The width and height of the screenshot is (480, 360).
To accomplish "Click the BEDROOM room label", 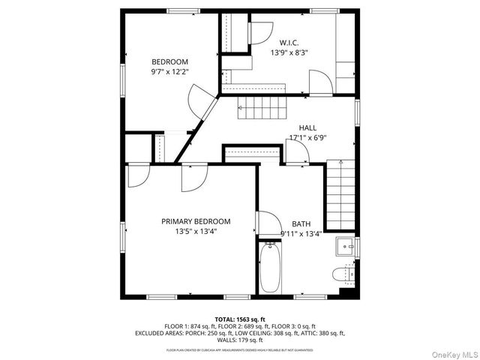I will click(x=169, y=61).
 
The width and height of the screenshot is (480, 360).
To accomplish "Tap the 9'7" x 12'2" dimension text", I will click(x=169, y=72).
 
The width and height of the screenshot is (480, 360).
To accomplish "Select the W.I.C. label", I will click(x=289, y=43).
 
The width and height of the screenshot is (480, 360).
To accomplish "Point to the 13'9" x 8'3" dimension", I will click(x=289, y=53).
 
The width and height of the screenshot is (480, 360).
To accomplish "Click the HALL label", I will click(x=308, y=127).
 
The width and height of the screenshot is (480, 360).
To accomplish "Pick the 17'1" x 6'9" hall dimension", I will click(x=308, y=138).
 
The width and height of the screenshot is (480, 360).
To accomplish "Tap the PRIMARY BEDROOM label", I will click(x=196, y=221).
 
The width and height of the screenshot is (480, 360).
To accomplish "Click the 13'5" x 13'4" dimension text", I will click(x=196, y=232).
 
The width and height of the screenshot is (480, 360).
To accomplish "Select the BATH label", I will click(x=301, y=223).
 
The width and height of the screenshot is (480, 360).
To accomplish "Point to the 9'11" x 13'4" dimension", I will click(x=301, y=234).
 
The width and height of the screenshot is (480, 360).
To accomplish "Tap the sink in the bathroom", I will click(x=346, y=246).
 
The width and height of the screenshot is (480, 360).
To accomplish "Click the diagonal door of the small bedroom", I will click(x=200, y=100).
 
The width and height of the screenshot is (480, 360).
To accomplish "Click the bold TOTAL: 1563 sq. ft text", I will click(x=241, y=319).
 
